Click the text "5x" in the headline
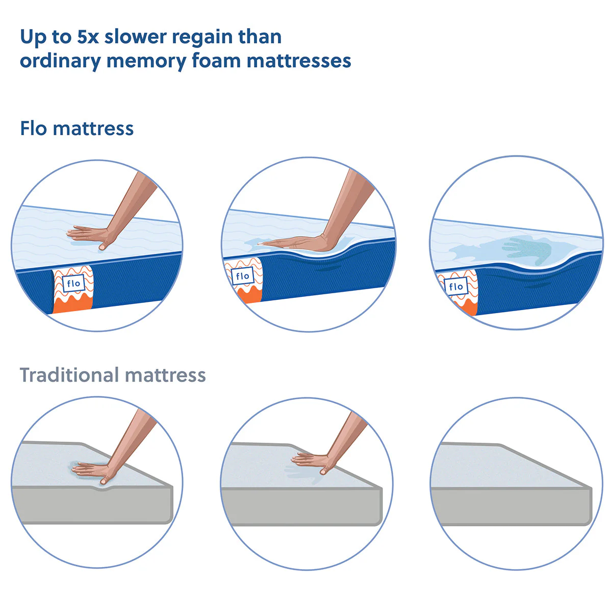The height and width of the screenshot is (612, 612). pyautogui.click(x=88, y=37)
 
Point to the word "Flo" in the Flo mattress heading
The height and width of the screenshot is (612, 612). pyautogui.click(x=33, y=129)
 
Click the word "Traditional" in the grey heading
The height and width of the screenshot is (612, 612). pyautogui.click(x=69, y=375)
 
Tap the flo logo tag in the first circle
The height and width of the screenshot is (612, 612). pyautogui.click(x=73, y=284)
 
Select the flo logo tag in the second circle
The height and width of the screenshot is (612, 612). pyautogui.click(x=242, y=277)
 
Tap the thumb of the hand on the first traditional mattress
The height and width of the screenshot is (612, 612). pyautogui.click(x=104, y=480)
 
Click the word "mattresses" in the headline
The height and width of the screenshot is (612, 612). pyautogui.click(x=299, y=61)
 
